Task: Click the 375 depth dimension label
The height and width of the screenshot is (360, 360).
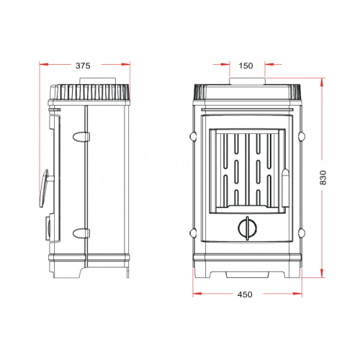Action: (83, 66)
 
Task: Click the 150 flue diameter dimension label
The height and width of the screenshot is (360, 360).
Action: (246, 66)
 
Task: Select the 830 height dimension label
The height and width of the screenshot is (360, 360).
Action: (323, 178)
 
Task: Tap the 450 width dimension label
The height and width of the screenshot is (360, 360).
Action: (245, 294)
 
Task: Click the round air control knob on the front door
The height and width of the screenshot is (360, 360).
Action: (248, 228)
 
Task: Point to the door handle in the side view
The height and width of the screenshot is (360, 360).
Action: (45, 188)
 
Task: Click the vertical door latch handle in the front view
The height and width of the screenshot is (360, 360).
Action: (286, 188)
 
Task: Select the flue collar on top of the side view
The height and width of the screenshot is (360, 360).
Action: (98, 81)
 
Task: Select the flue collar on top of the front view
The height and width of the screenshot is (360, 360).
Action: (248, 81)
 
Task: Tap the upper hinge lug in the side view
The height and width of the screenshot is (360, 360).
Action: (81, 137)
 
